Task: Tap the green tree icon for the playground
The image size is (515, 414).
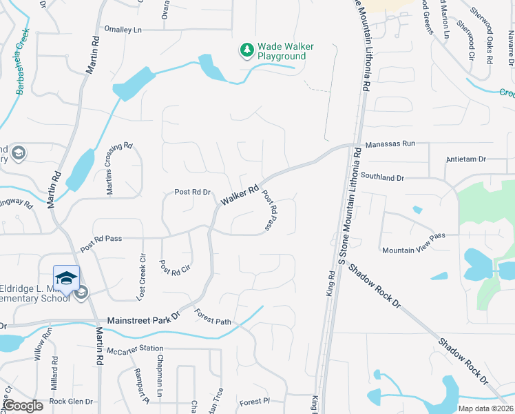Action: click(x=246, y=50)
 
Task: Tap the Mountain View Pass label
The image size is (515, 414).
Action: click(x=414, y=243)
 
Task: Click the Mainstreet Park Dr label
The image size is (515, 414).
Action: click(x=143, y=321)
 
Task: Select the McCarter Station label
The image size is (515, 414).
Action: click(x=137, y=348)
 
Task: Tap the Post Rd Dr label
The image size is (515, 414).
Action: click(x=192, y=193)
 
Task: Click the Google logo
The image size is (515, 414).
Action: click(x=23, y=406)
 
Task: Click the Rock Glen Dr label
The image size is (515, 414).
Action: click(x=71, y=402)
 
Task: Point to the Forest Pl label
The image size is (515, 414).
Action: click(x=251, y=402)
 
